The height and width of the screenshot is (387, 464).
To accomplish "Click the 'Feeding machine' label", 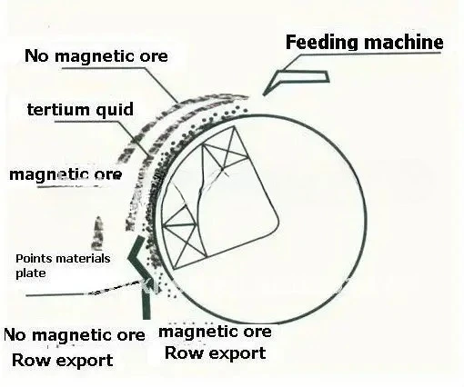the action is click(364, 43).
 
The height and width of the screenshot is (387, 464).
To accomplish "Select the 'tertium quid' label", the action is click(80, 109).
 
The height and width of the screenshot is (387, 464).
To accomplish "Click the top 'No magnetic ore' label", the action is click(96, 56).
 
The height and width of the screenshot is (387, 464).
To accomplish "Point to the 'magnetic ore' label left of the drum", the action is click(66, 175).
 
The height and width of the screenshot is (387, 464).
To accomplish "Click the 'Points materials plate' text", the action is click(63, 266).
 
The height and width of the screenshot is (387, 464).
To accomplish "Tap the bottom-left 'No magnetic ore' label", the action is click(75, 335).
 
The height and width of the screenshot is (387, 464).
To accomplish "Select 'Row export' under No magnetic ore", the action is click(63, 361).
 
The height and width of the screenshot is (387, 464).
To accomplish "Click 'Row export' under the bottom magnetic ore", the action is click(216, 353).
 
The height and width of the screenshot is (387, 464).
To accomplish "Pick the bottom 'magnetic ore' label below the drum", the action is click(215, 332).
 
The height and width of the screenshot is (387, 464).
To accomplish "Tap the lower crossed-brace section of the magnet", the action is click(181, 233).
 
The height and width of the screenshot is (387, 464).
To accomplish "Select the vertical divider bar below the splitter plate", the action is click(146, 302).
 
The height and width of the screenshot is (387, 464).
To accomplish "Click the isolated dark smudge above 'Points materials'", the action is click(98, 233).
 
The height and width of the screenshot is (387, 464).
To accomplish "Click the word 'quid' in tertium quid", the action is click(115, 110).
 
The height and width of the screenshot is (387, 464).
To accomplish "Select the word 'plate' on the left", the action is click(31, 273).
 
